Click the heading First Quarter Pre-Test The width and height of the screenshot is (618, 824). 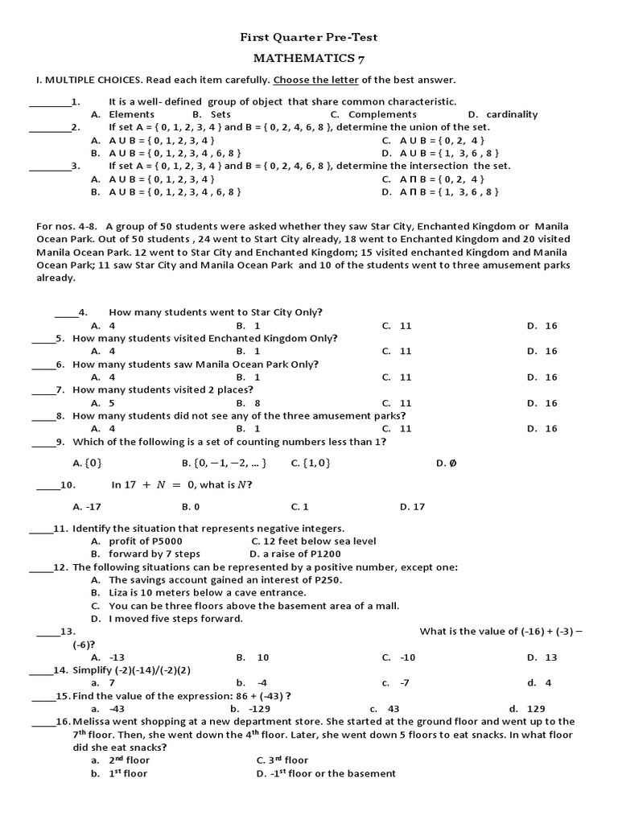[x=309, y=37]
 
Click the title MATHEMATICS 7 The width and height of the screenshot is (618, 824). [x=309, y=59]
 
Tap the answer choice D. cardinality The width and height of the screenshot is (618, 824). [x=502, y=114]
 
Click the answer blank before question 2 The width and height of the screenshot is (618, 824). [x=50, y=127]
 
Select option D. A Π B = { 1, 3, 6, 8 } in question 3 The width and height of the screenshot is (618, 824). [x=440, y=192]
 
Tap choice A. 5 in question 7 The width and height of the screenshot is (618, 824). [x=103, y=403]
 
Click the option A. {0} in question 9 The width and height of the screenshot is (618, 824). [x=88, y=463]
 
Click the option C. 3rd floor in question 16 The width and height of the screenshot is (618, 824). [x=282, y=760]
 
